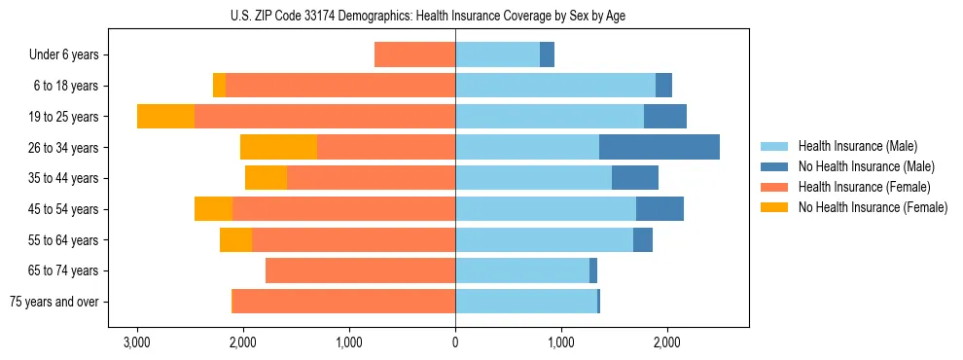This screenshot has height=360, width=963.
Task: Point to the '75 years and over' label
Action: [x=54, y=302]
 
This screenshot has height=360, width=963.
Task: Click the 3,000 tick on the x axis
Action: [x=137, y=342]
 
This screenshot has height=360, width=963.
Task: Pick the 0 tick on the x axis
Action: [x=455, y=342]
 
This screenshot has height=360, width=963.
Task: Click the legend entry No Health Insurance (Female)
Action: [x=873, y=207]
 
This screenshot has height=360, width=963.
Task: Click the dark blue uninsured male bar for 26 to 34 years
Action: [x=659, y=148]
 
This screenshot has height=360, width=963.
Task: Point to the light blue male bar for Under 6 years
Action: [x=497, y=55]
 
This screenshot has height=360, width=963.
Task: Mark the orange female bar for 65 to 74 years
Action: [x=360, y=270]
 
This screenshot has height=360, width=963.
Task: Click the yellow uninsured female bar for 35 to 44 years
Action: [x=266, y=178]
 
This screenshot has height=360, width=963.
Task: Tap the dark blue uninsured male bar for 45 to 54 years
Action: [x=660, y=209]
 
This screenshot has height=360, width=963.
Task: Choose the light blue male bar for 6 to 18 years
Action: [x=554, y=86]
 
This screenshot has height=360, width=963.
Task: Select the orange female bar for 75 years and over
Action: [x=343, y=302]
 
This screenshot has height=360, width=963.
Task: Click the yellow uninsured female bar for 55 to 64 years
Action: [x=235, y=240]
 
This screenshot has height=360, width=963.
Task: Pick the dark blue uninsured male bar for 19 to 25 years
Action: [x=665, y=117]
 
